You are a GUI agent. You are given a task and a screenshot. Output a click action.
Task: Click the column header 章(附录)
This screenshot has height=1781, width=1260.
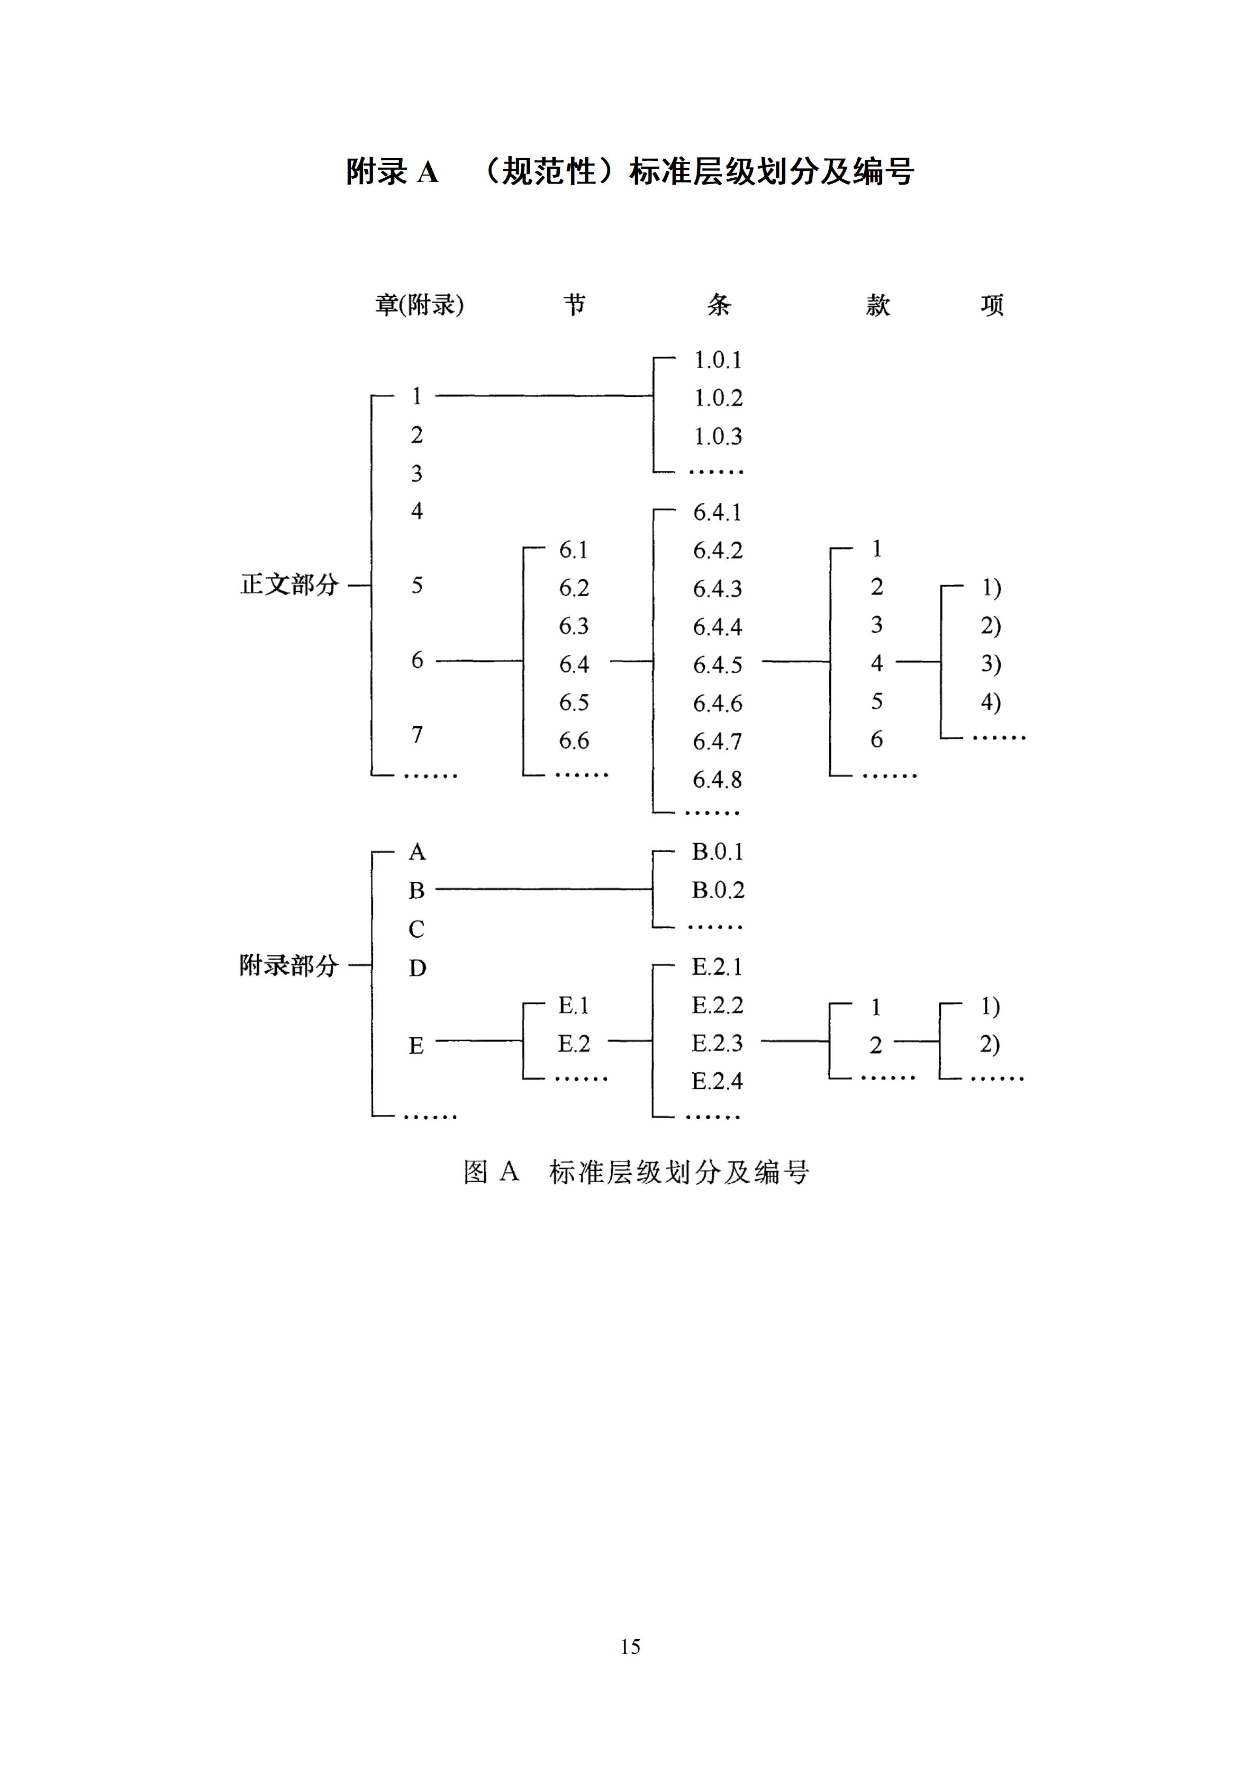pyautogui.click(x=419, y=305)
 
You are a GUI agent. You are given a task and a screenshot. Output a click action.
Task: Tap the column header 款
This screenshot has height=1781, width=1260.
pyautogui.click(x=877, y=305)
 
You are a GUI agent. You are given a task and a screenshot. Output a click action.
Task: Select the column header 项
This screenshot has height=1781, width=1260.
pyautogui.click(x=992, y=305)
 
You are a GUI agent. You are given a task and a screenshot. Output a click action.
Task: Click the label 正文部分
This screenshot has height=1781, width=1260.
pyautogui.click(x=289, y=584)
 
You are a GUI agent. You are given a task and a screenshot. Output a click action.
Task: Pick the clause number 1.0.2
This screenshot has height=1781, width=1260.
pyautogui.click(x=718, y=398)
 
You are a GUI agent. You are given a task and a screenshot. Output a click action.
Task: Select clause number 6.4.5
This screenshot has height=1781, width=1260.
pyautogui.click(x=718, y=665)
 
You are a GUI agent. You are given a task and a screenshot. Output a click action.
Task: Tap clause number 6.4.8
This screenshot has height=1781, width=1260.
pyautogui.click(x=718, y=780)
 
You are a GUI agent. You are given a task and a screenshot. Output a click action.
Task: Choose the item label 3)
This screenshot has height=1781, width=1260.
pyautogui.click(x=991, y=663)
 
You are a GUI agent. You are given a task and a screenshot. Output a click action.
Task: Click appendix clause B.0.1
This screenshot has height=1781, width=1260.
pyautogui.click(x=718, y=852)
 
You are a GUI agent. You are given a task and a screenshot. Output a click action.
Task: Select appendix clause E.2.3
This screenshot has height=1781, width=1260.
pyautogui.click(x=717, y=1043)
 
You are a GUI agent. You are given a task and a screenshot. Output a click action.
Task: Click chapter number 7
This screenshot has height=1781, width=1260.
pyautogui.click(x=416, y=734)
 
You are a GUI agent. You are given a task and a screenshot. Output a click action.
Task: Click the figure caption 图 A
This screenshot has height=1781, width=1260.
pyautogui.click(x=491, y=1171)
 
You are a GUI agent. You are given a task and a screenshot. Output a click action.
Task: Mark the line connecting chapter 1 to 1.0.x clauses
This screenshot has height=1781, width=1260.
pyautogui.click(x=543, y=396)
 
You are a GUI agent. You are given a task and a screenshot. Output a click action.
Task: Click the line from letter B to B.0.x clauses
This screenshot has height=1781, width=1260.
pyautogui.click(x=543, y=889)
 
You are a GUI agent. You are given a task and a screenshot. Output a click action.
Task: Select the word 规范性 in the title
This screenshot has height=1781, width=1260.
pyautogui.click(x=549, y=171)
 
